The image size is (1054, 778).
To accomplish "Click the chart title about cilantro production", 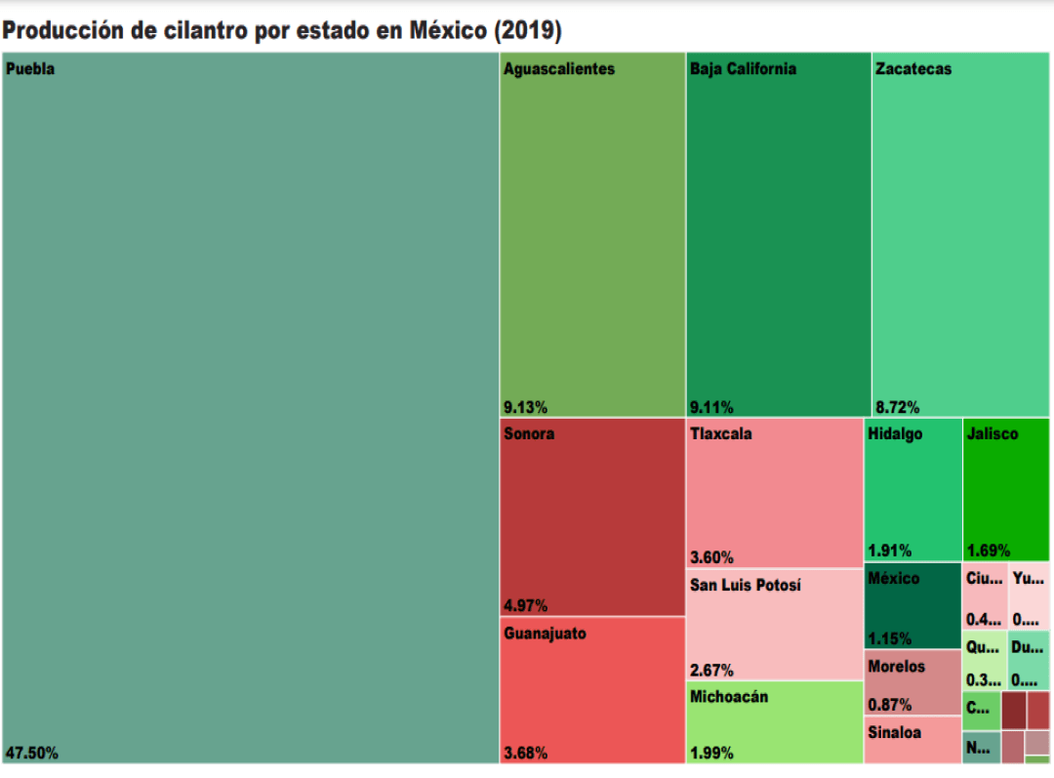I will point(282,31).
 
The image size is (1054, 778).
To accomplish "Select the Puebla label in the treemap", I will point(30,69).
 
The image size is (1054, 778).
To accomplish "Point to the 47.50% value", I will point(32,753).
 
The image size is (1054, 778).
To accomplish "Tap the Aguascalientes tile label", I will point(559,69).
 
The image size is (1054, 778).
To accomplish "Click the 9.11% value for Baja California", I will point(711,407).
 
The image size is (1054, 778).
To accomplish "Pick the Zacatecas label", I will point(913,69).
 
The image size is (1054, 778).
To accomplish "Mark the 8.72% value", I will point(897,407).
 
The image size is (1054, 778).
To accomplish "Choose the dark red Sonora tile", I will point(592,517).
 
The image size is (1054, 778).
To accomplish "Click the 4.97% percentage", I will point(525,604).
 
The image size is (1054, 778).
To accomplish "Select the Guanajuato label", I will point(546,634).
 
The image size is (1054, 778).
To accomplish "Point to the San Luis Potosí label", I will point(746,586).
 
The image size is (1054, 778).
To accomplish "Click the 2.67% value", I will point(711,671).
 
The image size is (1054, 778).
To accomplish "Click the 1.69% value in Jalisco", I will point(988,551).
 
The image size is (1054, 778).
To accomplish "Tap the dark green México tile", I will point(912,605).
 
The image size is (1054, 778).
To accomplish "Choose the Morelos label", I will point(896,667).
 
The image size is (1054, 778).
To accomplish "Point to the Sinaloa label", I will point(895,733).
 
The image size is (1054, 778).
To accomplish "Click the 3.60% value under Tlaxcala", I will point(711,557).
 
